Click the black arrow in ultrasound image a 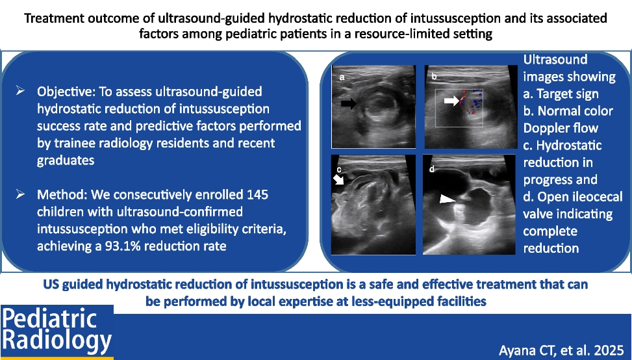pos(349,103)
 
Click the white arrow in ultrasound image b pos(452,100)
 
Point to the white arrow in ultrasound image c pos(338,179)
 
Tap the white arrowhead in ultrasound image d pos(448,199)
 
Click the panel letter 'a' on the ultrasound pos(342,77)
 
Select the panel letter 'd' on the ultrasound pos(432,169)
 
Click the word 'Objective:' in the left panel pos(66,92)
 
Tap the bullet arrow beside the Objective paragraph pos(20,91)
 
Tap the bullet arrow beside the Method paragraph pos(20,194)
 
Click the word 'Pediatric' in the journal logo pos(49,318)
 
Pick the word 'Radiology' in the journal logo pos(57,341)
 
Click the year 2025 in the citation pos(611,350)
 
